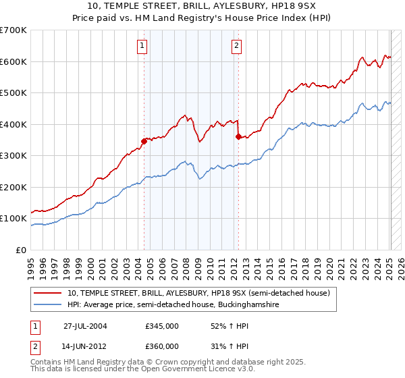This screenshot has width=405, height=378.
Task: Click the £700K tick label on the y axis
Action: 13,30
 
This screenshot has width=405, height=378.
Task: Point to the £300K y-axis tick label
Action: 13,156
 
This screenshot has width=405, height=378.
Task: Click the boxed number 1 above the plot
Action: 143,46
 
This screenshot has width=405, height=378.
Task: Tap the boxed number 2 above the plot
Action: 238,46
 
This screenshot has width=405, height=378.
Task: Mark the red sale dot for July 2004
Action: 144,141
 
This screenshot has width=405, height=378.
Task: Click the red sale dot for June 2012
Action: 238,136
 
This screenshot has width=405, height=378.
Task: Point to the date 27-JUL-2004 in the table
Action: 85,326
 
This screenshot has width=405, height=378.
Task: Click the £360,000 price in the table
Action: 162,346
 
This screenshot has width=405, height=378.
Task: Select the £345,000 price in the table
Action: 162,326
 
